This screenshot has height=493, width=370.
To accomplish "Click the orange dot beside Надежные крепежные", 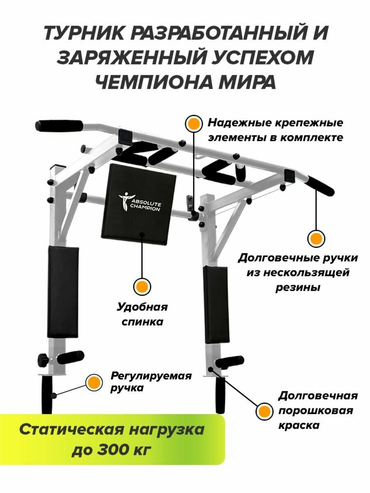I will coord(193,123).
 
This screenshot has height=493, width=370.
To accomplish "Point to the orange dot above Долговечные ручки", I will coord(316,238).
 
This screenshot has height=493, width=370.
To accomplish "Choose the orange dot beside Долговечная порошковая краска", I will coord(264,410).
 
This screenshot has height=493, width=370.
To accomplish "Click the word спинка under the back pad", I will coord(142,321).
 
